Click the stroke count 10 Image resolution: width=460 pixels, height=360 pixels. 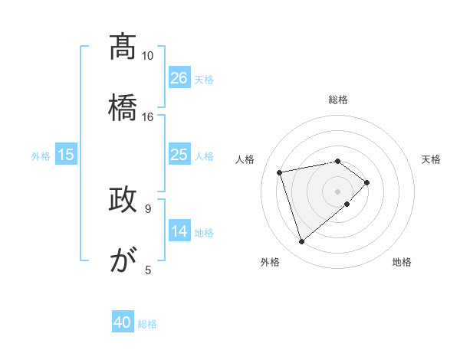click(147, 56)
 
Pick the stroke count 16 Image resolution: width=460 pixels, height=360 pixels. click(147, 116)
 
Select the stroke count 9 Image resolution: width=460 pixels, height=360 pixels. click(147, 208)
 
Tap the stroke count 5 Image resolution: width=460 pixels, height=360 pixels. click(148, 270)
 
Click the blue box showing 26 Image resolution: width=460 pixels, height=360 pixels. click(179, 78)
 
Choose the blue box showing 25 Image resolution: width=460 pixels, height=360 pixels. click(179, 155)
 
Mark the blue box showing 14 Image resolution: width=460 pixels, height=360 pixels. click(179, 231)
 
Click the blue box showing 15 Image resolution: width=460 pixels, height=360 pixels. click(66, 155)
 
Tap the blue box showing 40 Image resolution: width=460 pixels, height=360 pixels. click(123, 323)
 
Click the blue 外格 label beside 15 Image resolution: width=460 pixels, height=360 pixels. click(41, 155)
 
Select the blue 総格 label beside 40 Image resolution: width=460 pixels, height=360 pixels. click(147, 324)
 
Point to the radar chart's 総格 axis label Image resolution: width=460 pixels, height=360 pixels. click(338, 100)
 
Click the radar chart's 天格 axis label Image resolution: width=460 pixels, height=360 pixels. click(432, 159)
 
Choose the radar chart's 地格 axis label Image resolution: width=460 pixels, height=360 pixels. click(402, 262)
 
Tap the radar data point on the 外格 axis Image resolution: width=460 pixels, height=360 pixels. click(302, 242)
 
